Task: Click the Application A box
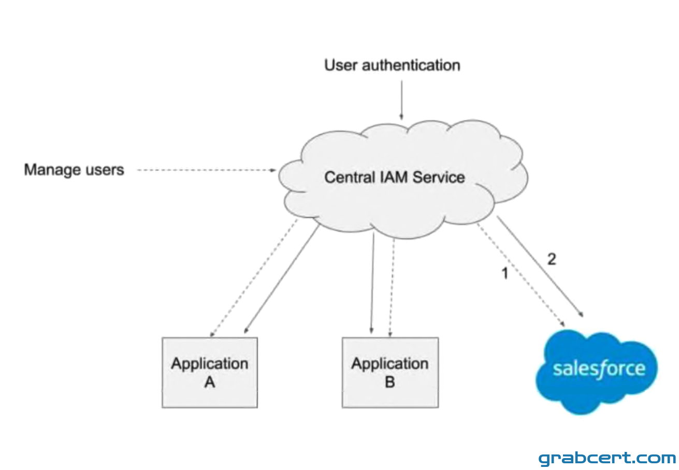click(210, 372)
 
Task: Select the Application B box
click(390, 372)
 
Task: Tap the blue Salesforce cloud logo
click(597, 372)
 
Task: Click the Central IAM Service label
click(394, 177)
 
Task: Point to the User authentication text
click(392, 65)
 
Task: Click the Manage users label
click(74, 170)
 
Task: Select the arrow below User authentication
click(401, 100)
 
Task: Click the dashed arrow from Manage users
click(207, 170)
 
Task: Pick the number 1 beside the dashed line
click(504, 273)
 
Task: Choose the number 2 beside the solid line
click(552, 259)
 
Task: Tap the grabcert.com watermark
click(607, 458)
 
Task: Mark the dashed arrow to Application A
click(254, 277)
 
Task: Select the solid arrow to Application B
click(372, 283)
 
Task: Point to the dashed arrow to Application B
click(392, 288)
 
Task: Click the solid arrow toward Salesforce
click(540, 267)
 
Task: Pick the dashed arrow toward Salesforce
click(521, 275)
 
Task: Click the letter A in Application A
click(210, 382)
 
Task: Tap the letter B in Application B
click(390, 382)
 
